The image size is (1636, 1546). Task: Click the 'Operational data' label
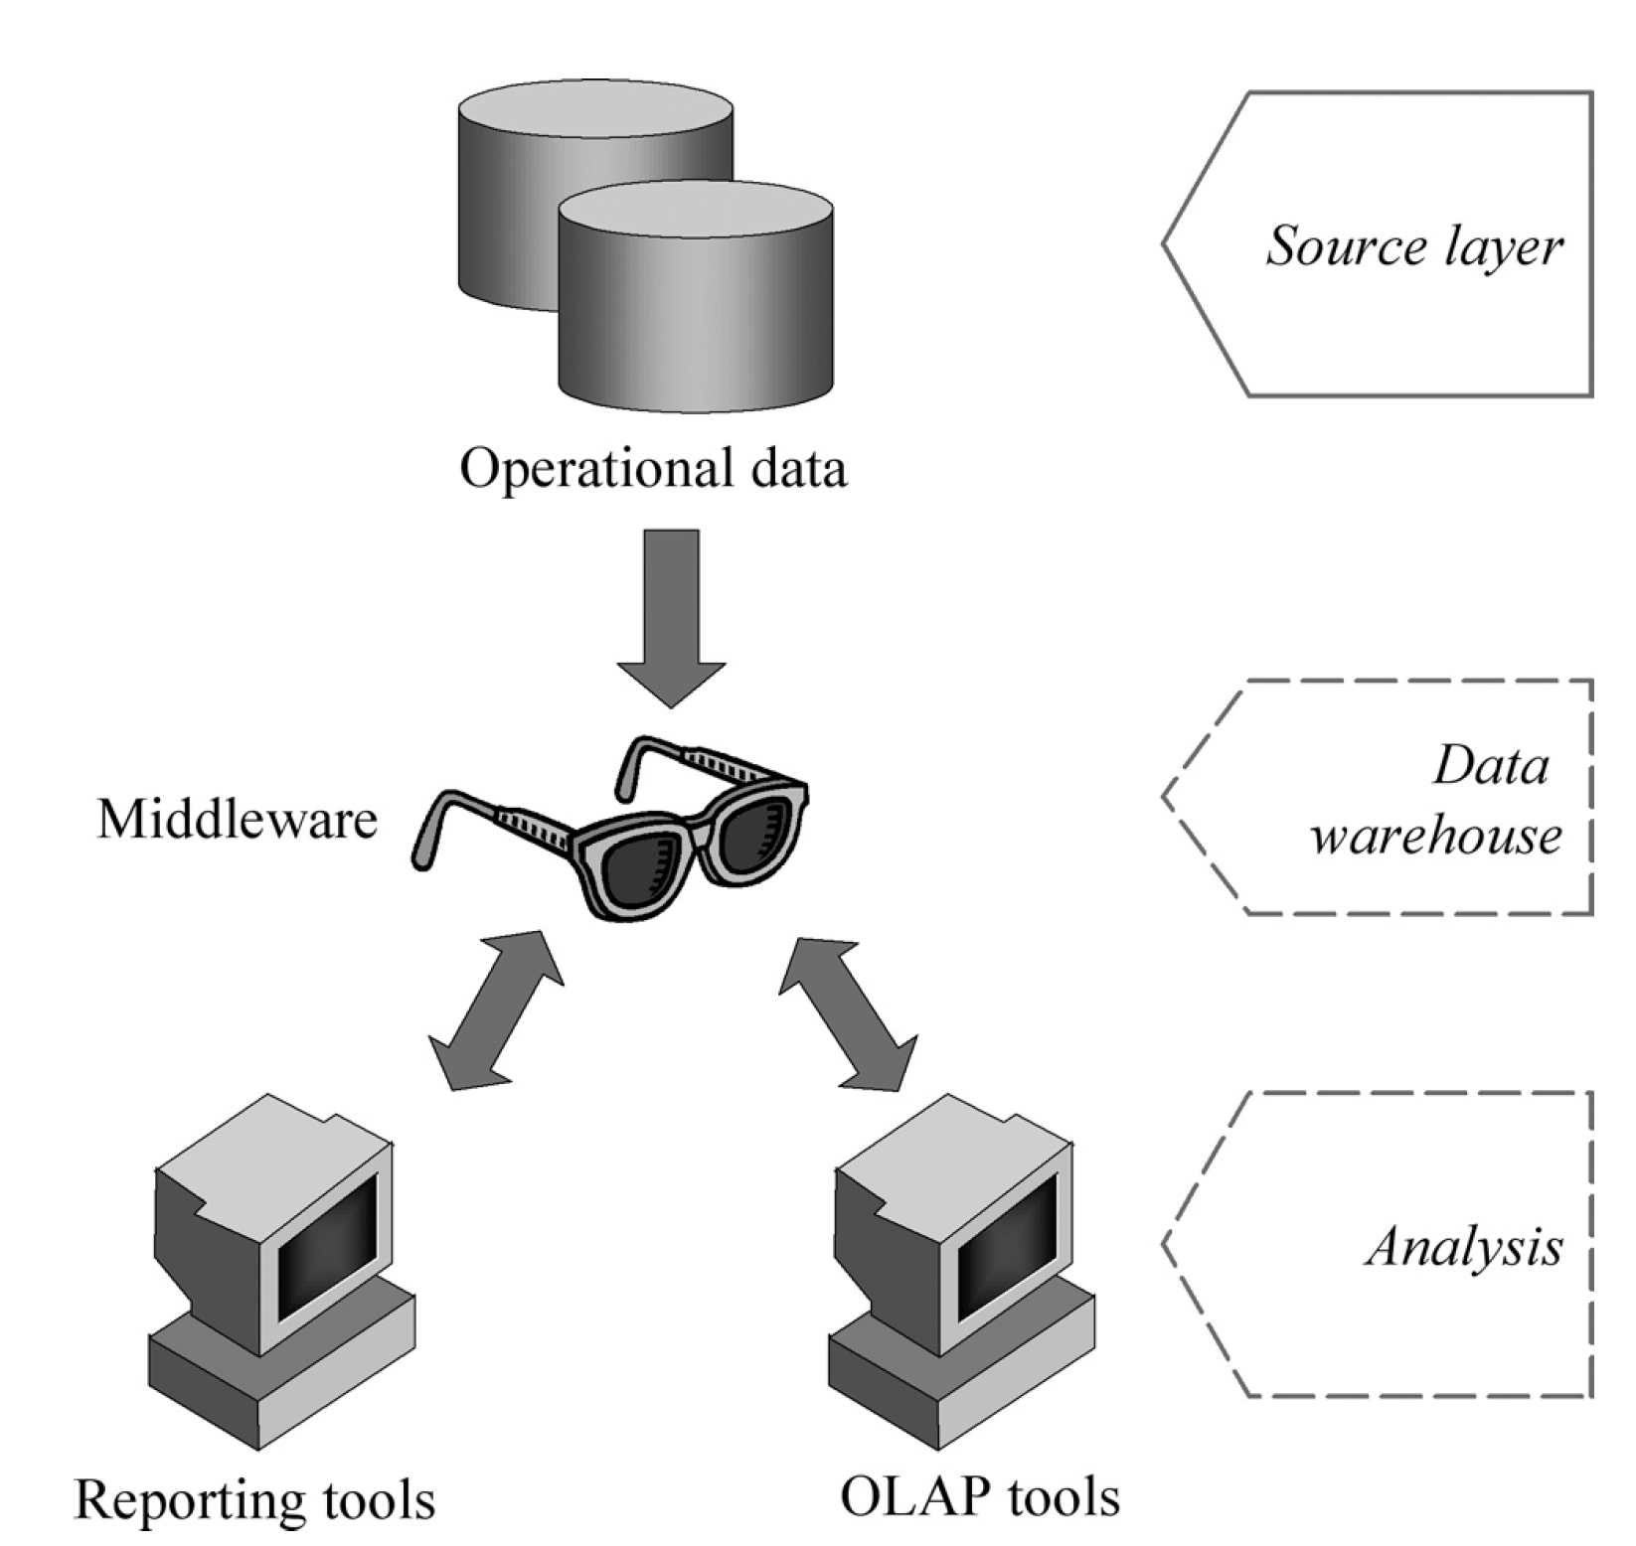coord(653,468)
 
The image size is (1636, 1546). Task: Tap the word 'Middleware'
coord(237,820)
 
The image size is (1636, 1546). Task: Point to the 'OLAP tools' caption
coord(980,1495)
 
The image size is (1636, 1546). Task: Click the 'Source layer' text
coord(1413,245)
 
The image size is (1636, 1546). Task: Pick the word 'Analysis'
coord(1464,1246)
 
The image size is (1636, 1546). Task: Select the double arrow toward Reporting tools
coord(496,1010)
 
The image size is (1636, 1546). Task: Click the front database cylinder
coord(696,298)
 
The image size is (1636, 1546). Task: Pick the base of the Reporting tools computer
coord(282,1377)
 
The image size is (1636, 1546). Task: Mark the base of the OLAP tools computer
coord(962,1377)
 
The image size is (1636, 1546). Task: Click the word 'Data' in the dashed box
coord(1490,766)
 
